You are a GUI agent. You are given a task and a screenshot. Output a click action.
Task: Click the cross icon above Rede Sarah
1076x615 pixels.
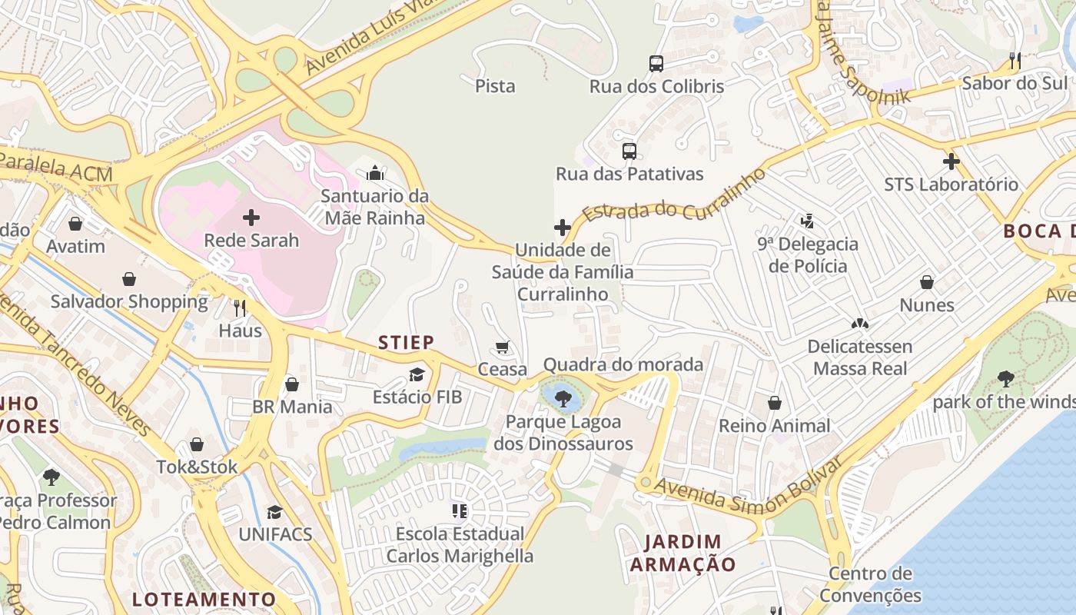[251, 218]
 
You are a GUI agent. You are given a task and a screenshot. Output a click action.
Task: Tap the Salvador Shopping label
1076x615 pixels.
[129, 301]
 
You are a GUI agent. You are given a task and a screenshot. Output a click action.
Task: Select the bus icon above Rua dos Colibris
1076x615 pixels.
[656, 64]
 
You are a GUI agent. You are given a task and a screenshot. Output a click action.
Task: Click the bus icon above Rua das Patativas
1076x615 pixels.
[629, 151]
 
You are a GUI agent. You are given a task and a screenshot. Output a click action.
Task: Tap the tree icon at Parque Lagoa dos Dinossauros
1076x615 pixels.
[563, 398]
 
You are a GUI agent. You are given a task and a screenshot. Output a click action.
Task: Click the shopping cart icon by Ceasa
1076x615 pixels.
[503, 347]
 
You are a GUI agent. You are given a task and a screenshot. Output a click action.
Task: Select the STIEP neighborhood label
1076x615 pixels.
[407, 342]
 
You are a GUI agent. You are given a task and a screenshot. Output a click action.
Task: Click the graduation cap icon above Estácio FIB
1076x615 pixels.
[417, 374]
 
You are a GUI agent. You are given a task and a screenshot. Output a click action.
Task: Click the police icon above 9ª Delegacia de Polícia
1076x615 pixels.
[807, 221]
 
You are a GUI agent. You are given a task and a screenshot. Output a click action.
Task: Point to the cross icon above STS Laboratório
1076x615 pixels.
[951, 161]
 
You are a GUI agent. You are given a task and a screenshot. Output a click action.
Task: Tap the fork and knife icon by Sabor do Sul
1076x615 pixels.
[1015, 61]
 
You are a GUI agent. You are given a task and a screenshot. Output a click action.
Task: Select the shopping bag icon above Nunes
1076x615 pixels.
[927, 282]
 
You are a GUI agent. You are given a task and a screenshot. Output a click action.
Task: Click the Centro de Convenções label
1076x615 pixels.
[870, 584]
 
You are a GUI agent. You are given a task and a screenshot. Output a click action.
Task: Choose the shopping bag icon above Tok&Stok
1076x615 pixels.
[197, 444]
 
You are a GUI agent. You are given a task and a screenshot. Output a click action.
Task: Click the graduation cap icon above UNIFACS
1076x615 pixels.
[274, 512]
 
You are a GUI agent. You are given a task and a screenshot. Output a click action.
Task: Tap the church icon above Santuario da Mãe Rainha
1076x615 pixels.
[375, 173]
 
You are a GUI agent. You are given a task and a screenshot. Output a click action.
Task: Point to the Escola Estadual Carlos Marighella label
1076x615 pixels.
[460, 544]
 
